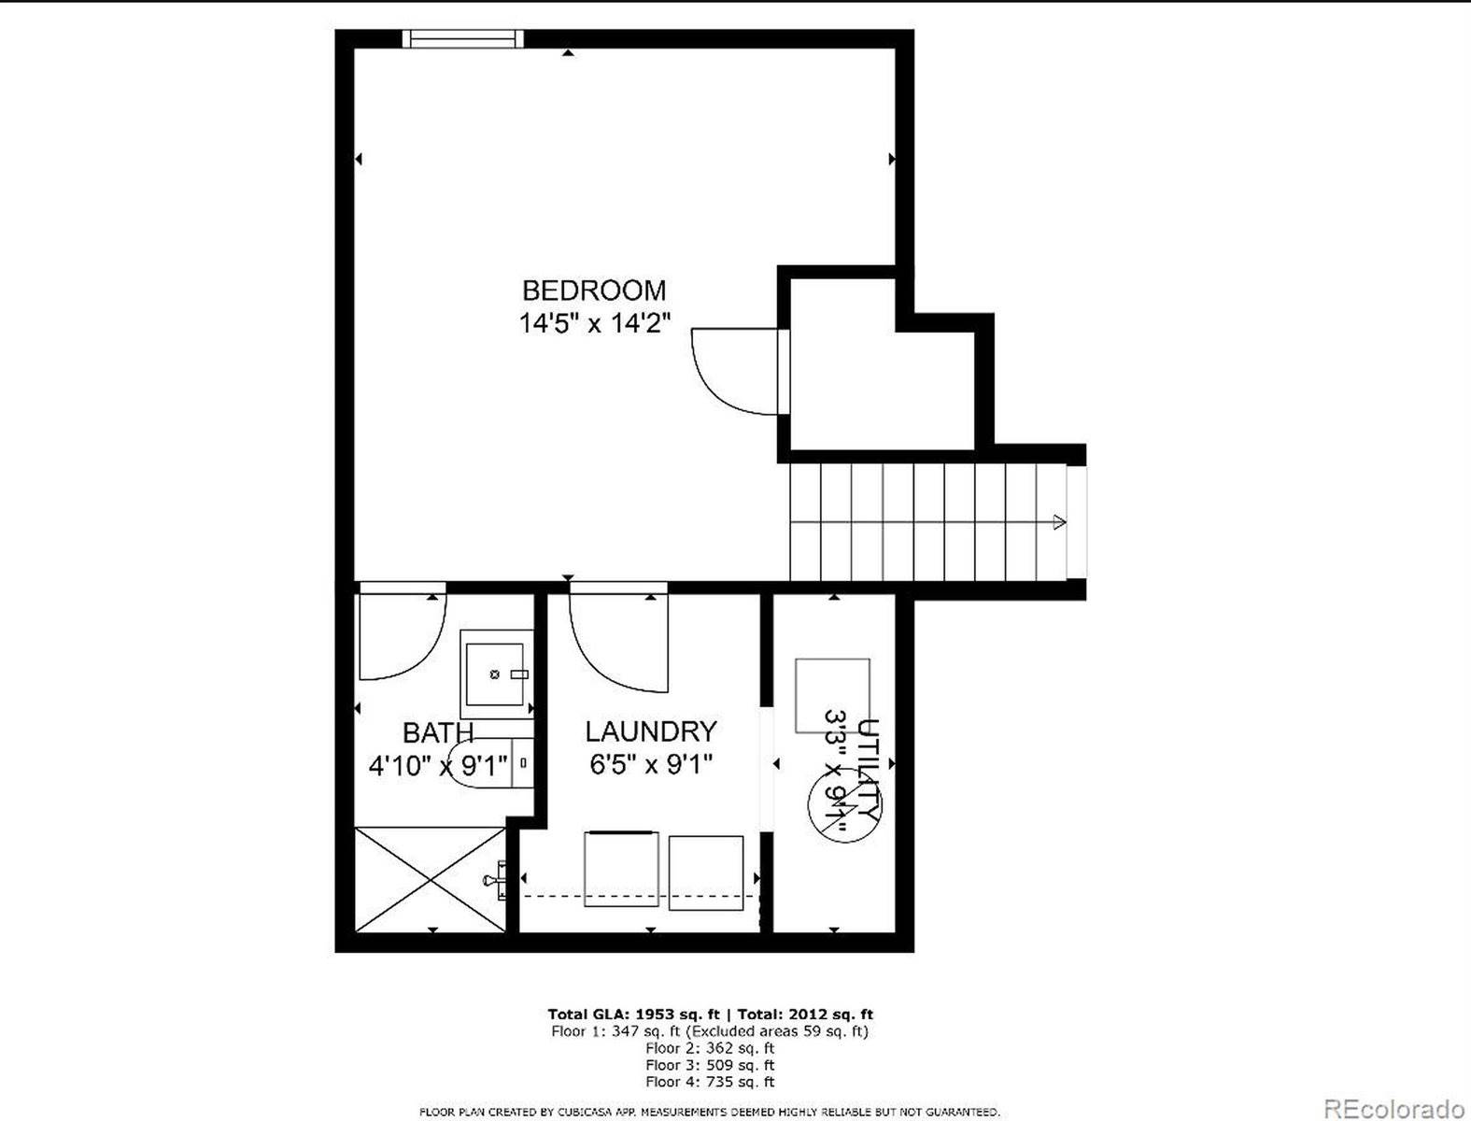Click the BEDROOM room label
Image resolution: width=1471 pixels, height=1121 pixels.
pos(594,291)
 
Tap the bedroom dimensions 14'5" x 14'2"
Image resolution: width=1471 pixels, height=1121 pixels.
pos(594,323)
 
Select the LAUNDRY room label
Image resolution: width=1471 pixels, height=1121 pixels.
pos(651,731)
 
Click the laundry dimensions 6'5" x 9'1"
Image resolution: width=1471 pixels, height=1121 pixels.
pos(651,765)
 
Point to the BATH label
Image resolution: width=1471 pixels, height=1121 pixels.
pos(438,732)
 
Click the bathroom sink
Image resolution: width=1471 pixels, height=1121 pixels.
pos(496,674)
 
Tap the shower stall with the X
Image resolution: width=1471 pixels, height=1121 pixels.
pos(431,879)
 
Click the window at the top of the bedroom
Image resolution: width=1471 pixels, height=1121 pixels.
pos(463,38)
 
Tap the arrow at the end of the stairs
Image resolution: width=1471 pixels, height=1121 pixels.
pos(1059,522)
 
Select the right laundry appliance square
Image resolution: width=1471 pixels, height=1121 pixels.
pos(706,873)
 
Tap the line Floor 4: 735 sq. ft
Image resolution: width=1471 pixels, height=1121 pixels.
pos(710,1082)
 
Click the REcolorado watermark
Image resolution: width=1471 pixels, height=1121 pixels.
pos(1394,1108)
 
